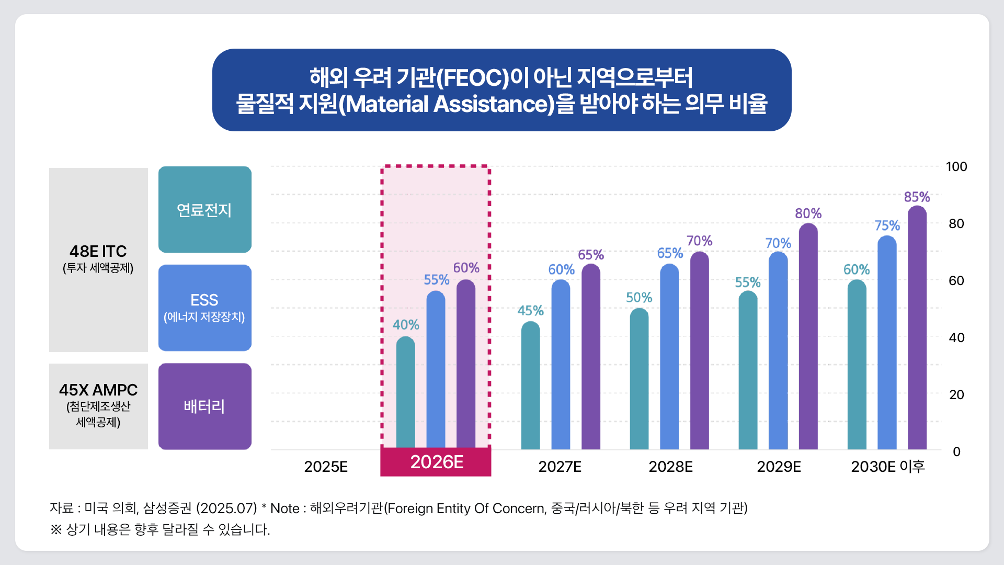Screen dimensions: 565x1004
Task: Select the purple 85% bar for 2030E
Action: (x=917, y=328)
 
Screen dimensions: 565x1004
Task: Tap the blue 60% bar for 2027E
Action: (x=561, y=365)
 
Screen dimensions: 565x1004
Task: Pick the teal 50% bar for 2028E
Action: (x=639, y=379)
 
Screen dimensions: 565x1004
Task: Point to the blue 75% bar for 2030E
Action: (x=887, y=343)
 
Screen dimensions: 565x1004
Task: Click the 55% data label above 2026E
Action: (x=436, y=280)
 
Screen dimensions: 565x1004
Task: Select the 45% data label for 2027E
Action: (x=530, y=311)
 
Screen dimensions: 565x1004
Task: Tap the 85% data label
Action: (x=917, y=197)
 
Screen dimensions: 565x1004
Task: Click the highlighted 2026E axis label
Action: (x=436, y=462)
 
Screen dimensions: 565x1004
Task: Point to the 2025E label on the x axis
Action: (x=326, y=467)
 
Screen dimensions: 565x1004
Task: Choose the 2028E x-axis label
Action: (x=670, y=467)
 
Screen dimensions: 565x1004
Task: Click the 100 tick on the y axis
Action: (x=956, y=167)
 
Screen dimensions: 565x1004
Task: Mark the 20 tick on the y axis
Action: (x=956, y=395)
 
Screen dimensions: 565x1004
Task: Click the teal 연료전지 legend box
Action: (x=204, y=210)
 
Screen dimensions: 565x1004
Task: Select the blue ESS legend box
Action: (x=204, y=308)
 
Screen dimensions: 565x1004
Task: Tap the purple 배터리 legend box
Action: (x=204, y=406)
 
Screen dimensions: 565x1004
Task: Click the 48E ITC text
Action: (x=98, y=252)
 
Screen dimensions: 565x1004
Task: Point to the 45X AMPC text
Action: (x=98, y=390)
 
